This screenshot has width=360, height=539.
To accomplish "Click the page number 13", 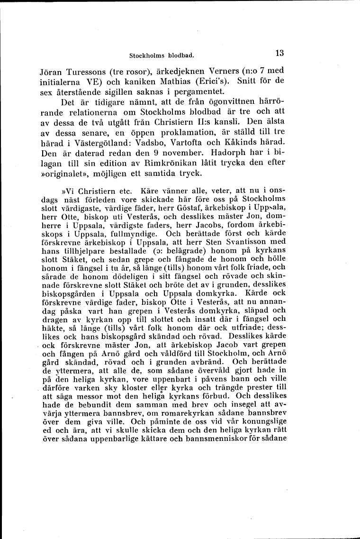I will coord(278,53).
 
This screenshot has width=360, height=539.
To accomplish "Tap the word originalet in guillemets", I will coord(65,173).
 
